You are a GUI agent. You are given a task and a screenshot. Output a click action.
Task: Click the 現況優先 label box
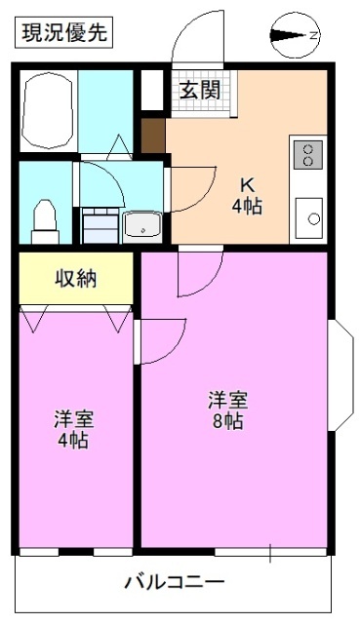click(62, 32)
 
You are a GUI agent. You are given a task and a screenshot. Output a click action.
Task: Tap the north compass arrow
click(293, 36)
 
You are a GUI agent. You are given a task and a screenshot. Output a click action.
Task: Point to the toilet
click(45, 219)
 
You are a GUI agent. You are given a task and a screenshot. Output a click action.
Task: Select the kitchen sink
click(309, 217)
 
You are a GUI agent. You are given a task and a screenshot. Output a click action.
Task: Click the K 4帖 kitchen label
click(245, 195)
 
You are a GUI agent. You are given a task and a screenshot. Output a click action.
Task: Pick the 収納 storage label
click(75, 279)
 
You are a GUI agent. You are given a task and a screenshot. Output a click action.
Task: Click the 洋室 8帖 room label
click(227, 410)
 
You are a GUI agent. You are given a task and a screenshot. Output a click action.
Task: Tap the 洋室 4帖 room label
click(73, 429)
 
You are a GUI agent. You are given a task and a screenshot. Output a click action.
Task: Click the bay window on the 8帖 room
click(342, 375)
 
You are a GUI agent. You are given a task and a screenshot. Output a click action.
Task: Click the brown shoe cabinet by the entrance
click(153, 135)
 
